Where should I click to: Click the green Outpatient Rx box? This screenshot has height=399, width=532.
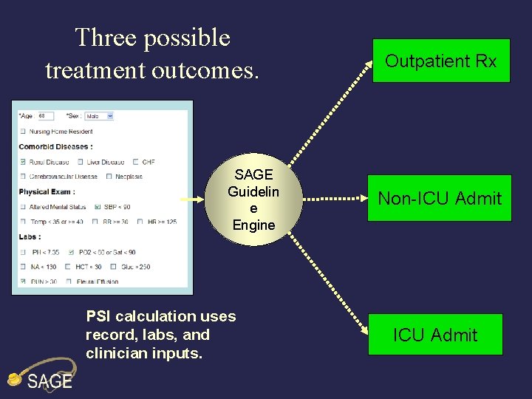[x=441, y=61]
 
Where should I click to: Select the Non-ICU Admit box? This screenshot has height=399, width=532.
[x=440, y=198]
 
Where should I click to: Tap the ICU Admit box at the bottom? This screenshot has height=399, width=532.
[x=435, y=335]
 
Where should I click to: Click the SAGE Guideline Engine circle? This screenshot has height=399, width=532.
[x=253, y=200]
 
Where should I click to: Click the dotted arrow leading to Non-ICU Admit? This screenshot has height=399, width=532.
[x=336, y=199]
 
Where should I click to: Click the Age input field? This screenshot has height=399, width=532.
[x=47, y=116]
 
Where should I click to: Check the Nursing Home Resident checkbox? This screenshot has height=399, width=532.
[x=23, y=132]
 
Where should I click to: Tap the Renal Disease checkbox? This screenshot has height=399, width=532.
[x=23, y=162]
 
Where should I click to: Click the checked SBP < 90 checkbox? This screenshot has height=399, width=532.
[x=98, y=207]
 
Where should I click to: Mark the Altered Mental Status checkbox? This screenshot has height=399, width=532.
[x=23, y=207]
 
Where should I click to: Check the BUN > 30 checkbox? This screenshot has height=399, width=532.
[x=23, y=282]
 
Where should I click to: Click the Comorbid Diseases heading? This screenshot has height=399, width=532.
[x=55, y=146]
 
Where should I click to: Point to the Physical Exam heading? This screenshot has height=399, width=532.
[x=46, y=192]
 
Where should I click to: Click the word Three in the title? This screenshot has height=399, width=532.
[x=106, y=38]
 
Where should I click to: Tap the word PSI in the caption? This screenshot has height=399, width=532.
[x=97, y=316]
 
